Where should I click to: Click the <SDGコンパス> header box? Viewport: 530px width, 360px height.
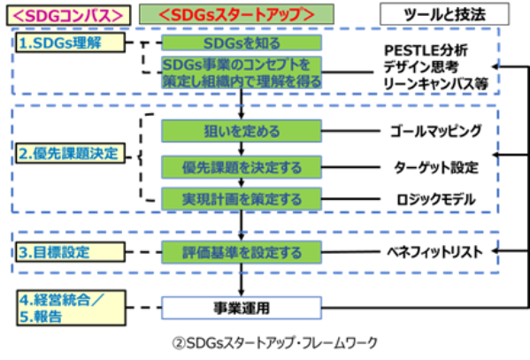[69, 15]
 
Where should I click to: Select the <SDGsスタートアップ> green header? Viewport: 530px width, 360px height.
[236, 14]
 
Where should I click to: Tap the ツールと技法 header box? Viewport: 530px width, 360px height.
[444, 14]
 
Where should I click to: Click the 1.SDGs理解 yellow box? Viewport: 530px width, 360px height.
[71, 42]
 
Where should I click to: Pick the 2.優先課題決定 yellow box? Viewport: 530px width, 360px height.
[71, 153]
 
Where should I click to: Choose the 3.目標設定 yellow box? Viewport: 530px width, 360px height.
[71, 252]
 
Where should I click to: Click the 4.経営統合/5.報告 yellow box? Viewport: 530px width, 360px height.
[71, 308]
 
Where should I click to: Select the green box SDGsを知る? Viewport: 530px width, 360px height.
[242, 43]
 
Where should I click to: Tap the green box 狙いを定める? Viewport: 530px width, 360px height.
[242, 131]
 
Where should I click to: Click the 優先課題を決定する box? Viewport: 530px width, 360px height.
[242, 167]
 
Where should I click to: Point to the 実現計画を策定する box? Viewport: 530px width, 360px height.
[242, 199]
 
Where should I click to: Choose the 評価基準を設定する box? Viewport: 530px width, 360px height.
[242, 252]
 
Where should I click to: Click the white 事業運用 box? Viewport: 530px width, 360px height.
[242, 308]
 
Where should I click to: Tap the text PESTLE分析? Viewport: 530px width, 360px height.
[426, 50]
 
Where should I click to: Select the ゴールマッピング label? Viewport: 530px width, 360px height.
[435, 131]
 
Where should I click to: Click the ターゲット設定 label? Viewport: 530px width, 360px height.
[436, 167]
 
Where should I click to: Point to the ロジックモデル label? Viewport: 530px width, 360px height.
[436, 199]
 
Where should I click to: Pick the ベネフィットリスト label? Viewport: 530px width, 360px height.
[434, 252]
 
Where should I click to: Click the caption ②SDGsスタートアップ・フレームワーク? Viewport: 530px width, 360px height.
[274, 343]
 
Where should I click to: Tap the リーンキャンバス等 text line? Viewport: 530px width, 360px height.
[436, 84]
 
